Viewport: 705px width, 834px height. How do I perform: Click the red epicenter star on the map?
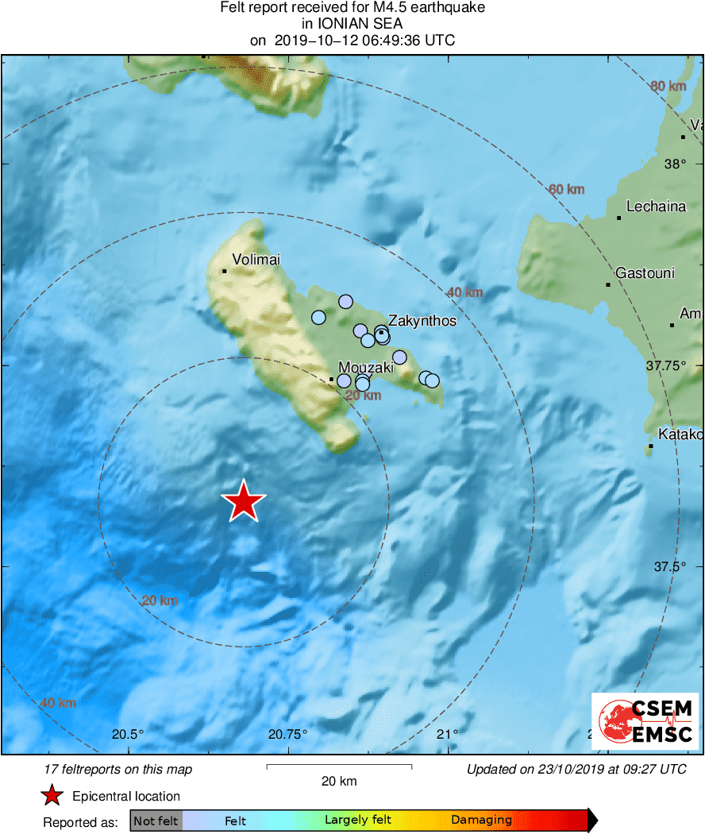243,502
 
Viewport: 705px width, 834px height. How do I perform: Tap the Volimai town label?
256,259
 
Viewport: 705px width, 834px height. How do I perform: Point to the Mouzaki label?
366,368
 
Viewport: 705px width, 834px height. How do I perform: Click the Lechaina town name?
656,207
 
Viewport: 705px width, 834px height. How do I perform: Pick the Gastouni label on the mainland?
645,273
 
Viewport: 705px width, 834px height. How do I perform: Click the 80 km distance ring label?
668,86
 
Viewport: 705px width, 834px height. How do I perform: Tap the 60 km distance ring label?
566,189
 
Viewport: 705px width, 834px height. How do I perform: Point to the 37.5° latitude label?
668,567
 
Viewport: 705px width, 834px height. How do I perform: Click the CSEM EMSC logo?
645,721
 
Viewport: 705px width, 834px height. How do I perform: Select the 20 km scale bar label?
339,782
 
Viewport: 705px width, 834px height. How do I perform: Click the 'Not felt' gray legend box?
156,820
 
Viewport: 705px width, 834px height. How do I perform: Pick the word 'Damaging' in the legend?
481,820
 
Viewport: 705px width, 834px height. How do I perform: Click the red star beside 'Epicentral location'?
52,796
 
